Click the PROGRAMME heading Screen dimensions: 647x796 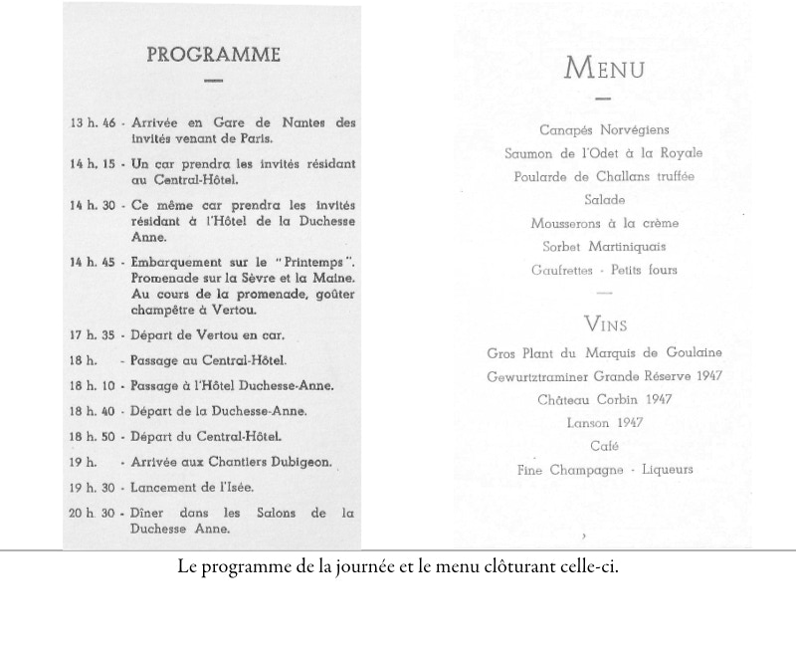click(213, 55)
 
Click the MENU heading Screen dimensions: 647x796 click(604, 69)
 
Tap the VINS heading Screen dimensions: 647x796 click(604, 324)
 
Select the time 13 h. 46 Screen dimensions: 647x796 click(92, 123)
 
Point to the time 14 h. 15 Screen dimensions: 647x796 click(92, 163)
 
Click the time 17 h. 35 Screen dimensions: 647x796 click(92, 335)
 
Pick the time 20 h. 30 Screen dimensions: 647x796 click(92, 514)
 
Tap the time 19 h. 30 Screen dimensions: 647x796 click(92, 487)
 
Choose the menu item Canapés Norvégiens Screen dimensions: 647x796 click(604, 130)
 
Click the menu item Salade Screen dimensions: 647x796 click(604, 200)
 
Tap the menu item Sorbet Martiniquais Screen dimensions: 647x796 click(604, 247)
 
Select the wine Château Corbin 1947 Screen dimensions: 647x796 click(604, 399)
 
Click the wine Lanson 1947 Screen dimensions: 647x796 click(604, 423)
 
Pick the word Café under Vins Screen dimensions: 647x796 click(604, 446)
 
